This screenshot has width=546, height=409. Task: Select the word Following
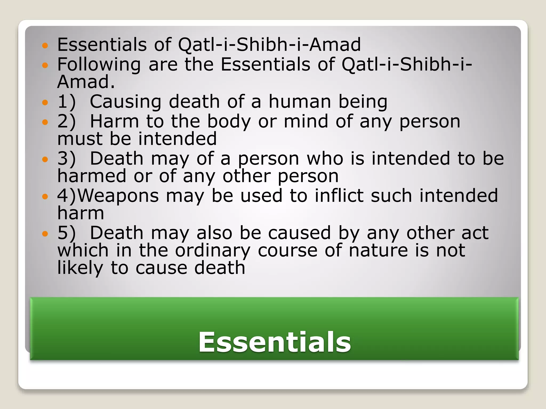coord(99,65)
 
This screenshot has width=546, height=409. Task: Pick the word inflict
coord(339,196)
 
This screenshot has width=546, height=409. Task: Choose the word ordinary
coord(212,251)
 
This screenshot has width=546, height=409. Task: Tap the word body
coord(229,122)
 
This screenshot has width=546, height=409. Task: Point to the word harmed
coord(92,176)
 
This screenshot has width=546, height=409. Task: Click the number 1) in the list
coord(66,102)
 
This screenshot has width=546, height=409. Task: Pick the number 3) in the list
coord(66,159)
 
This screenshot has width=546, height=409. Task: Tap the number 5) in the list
coord(66,233)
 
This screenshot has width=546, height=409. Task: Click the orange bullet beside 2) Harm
coord(45,122)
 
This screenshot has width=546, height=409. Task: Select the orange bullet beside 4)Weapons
coord(45,197)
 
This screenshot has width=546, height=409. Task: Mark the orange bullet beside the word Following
coord(45,65)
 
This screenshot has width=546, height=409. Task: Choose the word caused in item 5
coord(299,233)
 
